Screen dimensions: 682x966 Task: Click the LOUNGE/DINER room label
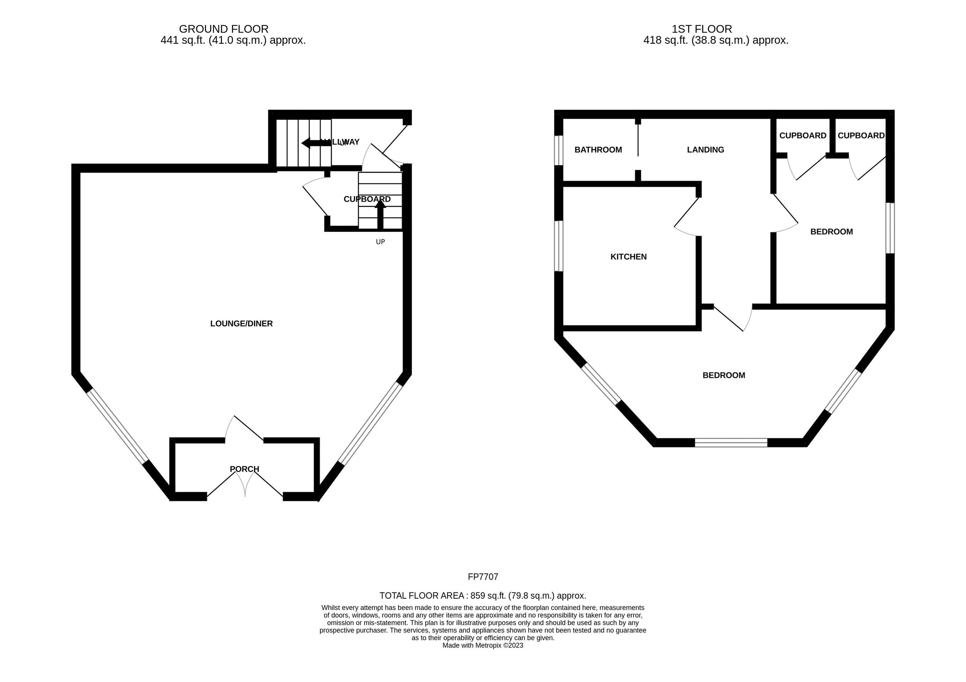(x=241, y=323)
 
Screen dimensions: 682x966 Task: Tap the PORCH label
(x=244, y=469)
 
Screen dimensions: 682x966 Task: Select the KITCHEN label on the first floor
(x=628, y=256)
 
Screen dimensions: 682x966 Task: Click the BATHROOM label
(x=598, y=150)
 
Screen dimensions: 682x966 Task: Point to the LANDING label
(x=705, y=150)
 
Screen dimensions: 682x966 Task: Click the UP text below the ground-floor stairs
(x=380, y=242)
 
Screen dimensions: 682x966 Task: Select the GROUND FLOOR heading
(x=223, y=29)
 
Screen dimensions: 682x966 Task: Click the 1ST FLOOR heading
(x=702, y=29)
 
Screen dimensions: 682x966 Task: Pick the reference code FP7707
(x=483, y=577)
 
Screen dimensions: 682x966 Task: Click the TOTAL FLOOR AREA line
(x=483, y=595)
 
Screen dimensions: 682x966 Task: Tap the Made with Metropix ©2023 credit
(x=483, y=645)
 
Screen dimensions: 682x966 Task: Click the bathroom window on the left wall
(x=558, y=150)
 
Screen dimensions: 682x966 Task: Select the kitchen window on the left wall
(x=558, y=246)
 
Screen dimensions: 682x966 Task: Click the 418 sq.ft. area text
(x=715, y=40)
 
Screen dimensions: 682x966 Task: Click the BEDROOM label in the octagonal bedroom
(x=723, y=375)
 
